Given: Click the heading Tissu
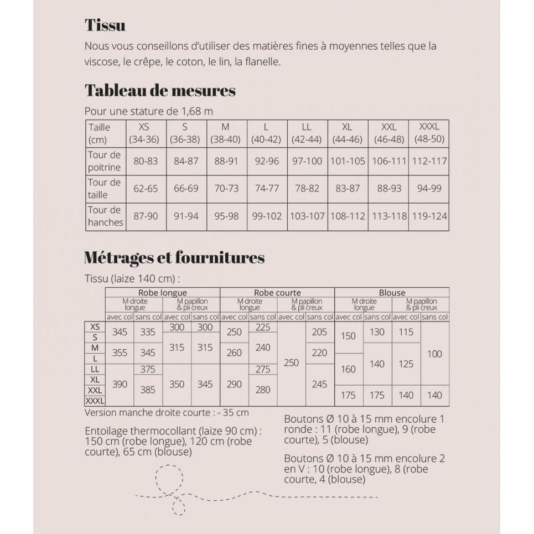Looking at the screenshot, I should [x=105, y=25].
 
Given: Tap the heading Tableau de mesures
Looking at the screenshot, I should [x=160, y=90].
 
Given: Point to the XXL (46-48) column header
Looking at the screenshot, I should [x=389, y=133].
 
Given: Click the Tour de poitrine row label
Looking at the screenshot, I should [x=105, y=161].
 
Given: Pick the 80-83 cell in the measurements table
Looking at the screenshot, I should [x=146, y=161].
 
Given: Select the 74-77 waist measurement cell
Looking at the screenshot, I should [x=266, y=189].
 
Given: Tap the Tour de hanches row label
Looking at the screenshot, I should [x=105, y=216].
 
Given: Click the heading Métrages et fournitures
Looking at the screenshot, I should [x=174, y=257].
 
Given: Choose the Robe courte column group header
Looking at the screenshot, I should [x=277, y=293].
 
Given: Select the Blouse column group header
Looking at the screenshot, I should [x=392, y=293].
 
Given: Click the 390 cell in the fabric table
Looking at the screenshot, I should [x=120, y=384].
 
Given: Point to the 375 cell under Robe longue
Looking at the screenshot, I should [x=148, y=369].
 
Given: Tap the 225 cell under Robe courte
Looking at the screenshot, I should [x=263, y=327].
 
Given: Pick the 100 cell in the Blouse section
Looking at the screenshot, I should [x=435, y=354].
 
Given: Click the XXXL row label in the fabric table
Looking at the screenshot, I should [x=95, y=401].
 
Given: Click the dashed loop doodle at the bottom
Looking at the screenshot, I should [x=168, y=476].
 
